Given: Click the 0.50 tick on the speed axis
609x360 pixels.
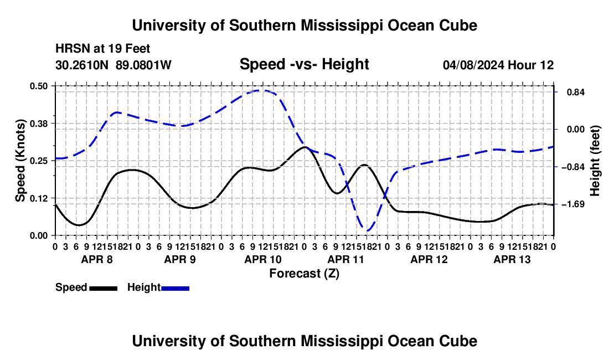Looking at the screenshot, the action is (x=38, y=86).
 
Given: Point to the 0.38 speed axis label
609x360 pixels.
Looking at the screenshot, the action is (x=38, y=124).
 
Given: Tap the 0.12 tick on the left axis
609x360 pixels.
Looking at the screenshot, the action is (x=38, y=198).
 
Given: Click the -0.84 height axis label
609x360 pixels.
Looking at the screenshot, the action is (x=573, y=167).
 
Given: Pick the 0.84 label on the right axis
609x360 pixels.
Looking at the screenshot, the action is (x=576, y=92).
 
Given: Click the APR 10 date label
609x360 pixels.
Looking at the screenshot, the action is (x=263, y=259).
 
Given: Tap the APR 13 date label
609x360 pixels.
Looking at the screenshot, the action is (x=512, y=259).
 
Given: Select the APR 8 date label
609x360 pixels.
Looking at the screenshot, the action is (x=97, y=259).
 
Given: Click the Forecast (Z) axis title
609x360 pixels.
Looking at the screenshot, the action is (x=304, y=274).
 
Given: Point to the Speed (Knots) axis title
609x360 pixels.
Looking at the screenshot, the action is (x=20, y=161).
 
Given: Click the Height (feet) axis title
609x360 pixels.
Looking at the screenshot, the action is (x=595, y=161).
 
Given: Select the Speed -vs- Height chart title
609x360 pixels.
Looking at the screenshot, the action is (x=304, y=64).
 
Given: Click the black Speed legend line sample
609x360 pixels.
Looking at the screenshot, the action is (x=104, y=289).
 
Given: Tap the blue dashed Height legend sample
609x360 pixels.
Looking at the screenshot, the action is (x=175, y=289).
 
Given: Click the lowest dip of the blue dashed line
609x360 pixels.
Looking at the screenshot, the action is (x=367, y=231).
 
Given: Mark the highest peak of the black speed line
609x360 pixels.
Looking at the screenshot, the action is (x=305, y=147).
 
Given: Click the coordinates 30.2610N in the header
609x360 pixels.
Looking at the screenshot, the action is (x=82, y=65).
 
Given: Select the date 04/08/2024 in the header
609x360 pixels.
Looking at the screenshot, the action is (x=473, y=65).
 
